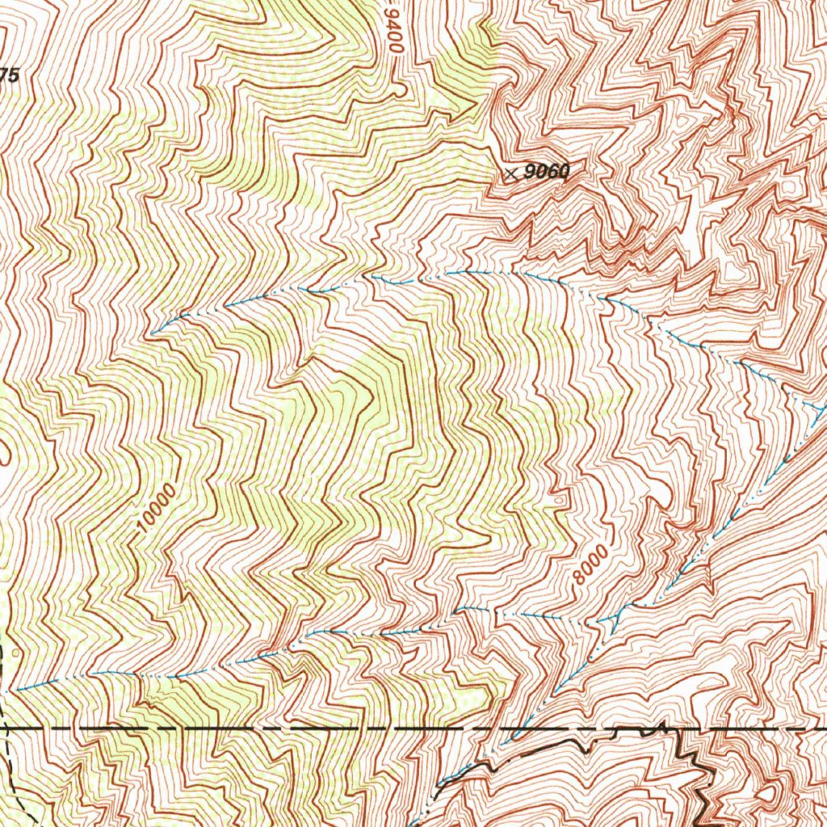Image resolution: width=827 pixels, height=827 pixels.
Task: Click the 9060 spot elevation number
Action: tap(547, 171)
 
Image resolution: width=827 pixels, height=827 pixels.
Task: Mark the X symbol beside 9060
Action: tap(510, 173)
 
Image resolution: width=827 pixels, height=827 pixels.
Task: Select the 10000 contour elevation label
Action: tap(156, 509)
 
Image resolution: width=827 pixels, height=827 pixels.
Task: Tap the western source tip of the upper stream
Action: tap(152, 333)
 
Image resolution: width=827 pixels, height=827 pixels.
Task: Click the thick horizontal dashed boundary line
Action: tap(242, 728)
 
